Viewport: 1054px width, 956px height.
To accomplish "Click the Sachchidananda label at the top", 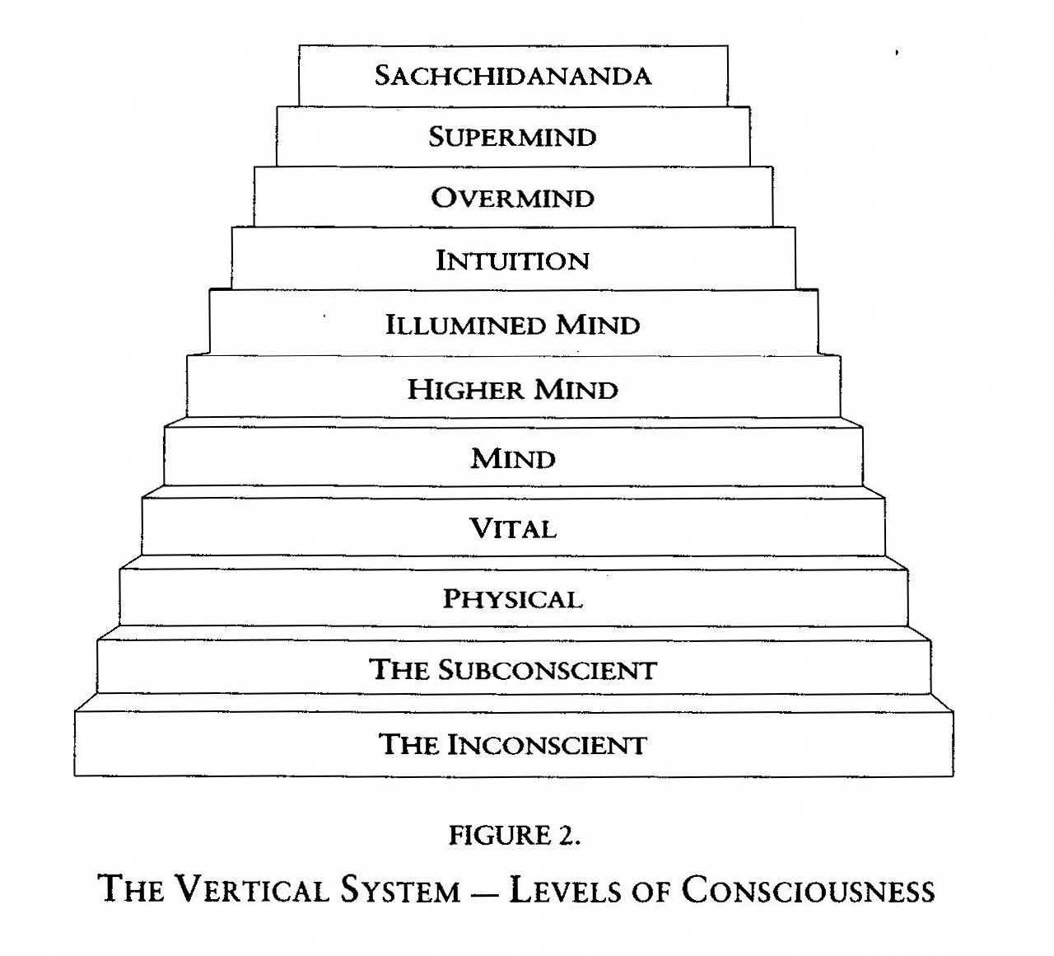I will click(512, 76).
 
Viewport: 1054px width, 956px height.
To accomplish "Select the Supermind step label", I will click(512, 137).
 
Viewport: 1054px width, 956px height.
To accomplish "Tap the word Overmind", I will click(512, 199).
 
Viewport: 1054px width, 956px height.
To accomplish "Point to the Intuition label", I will click(512, 261).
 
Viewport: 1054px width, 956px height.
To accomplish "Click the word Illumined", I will click(466, 325).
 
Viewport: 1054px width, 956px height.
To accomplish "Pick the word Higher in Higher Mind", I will click(465, 389).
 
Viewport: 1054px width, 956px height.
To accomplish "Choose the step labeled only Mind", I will click(513, 458).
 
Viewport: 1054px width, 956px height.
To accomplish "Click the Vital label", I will click(512, 528).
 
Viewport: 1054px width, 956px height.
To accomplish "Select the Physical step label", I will click(512, 599).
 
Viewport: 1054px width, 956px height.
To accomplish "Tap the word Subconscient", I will click(547, 669).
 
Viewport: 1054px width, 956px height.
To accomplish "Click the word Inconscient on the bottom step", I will click(547, 745).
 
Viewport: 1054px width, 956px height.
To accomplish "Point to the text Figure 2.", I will click(514, 836).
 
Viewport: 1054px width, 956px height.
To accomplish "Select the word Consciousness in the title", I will click(808, 890).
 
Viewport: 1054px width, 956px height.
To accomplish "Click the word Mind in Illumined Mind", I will click(598, 325).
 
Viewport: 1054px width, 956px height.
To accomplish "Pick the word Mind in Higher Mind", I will click(576, 389).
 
